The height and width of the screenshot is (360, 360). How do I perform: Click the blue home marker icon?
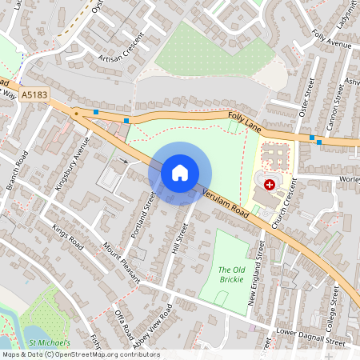[x=180, y=172]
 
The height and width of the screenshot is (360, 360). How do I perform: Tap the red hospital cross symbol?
[x=269, y=184]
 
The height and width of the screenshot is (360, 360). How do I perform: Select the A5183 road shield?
[x=34, y=94]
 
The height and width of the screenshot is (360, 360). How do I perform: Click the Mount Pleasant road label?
[x=121, y=265]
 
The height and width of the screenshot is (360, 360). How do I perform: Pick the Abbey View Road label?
[x=152, y=322]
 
